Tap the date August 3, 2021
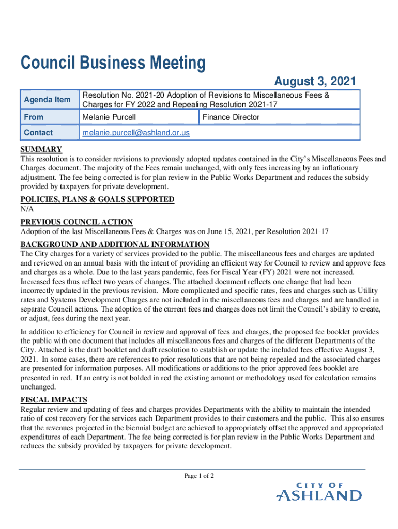tap(314, 81)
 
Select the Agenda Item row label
tap(48, 99)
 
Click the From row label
tap(34, 117)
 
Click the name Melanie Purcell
tap(109, 117)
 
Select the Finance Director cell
tap(231, 117)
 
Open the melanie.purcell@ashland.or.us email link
tap(136, 133)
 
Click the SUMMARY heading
tap(41, 150)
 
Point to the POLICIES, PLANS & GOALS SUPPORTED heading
tap(97, 199)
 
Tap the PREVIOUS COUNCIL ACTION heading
tap(76, 222)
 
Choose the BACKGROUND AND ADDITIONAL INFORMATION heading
tap(115, 244)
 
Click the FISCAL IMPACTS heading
tap(54, 399)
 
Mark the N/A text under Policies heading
tap(27, 209)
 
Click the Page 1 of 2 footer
tap(199, 476)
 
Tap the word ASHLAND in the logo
tap(319, 496)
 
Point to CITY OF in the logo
tap(319, 485)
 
